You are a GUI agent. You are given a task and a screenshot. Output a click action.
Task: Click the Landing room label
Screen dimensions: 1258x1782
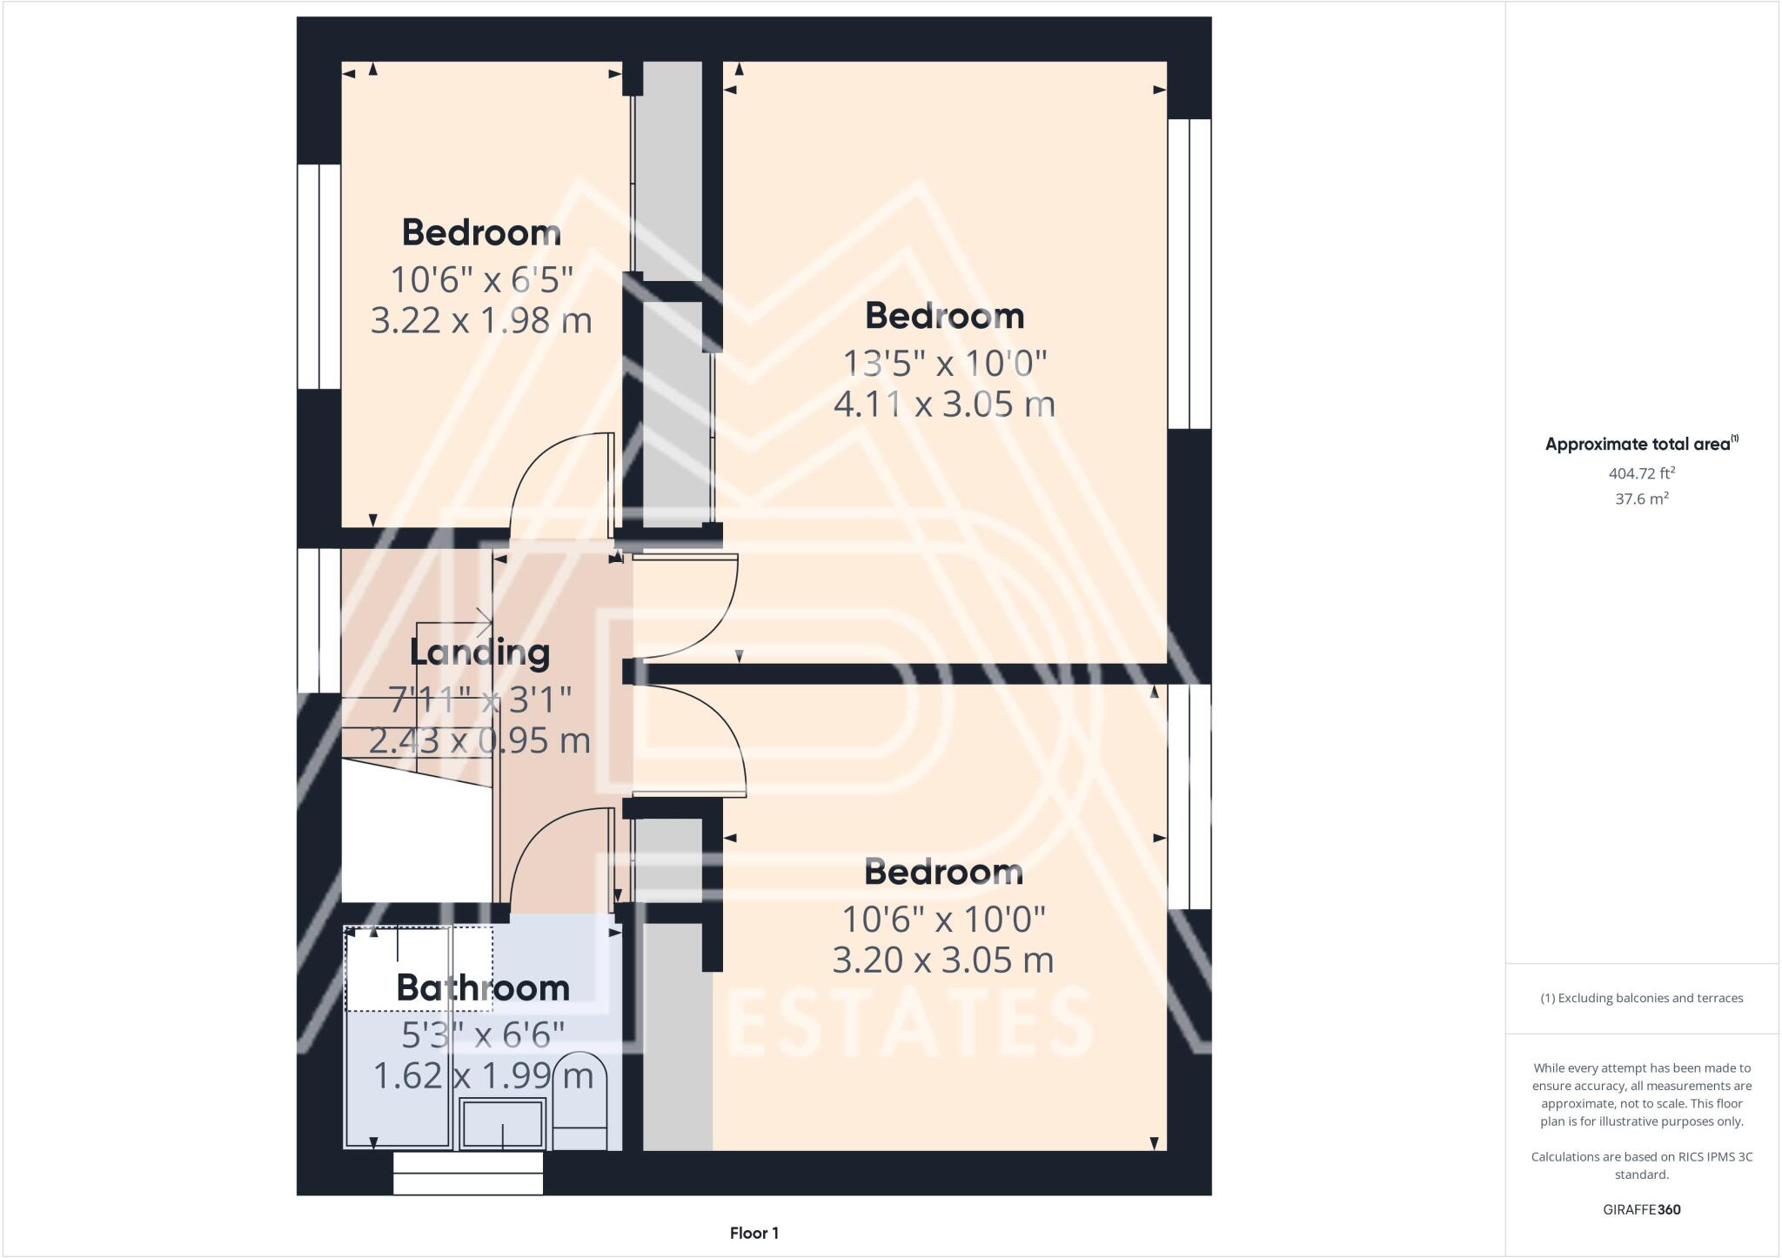pyautogui.click(x=479, y=652)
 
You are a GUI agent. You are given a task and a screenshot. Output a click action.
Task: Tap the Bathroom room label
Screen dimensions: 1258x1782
pyautogui.click(x=483, y=988)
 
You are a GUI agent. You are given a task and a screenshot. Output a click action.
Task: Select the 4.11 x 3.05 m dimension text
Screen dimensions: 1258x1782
pyautogui.click(x=944, y=405)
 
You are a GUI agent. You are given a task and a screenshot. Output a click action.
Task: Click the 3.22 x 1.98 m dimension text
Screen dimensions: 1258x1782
pyautogui.click(x=481, y=321)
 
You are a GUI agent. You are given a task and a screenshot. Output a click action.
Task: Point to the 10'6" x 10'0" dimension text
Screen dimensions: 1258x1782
pyautogui.click(x=943, y=918)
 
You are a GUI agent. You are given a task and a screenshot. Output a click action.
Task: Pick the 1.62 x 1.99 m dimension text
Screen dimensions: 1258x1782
pyautogui.click(x=483, y=1076)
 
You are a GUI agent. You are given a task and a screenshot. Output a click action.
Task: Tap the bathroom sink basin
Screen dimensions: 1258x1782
pyautogui.click(x=503, y=1123)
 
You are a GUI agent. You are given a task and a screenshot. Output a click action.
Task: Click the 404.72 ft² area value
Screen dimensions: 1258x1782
pyautogui.click(x=1642, y=473)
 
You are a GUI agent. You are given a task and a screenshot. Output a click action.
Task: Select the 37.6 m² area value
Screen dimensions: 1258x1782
pyautogui.click(x=1642, y=499)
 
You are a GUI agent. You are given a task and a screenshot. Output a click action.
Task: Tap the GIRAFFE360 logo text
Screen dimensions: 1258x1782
pyautogui.click(x=1641, y=1209)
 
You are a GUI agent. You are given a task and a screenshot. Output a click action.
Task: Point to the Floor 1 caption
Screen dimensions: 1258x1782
pyautogui.click(x=754, y=1233)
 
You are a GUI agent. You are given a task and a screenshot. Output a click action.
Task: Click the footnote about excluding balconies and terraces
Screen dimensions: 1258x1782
pyautogui.click(x=1641, y=998)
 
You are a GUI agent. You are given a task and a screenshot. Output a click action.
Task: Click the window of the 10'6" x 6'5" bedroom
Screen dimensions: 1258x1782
pyautogui.click(x=318, y=276)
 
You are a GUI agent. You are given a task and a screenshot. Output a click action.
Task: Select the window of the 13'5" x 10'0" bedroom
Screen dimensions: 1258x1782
pyautogui.click(x=1189, y=273)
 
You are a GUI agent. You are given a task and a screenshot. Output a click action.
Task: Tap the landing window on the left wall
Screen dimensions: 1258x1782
pyautogui.click(x=318, y=619)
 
